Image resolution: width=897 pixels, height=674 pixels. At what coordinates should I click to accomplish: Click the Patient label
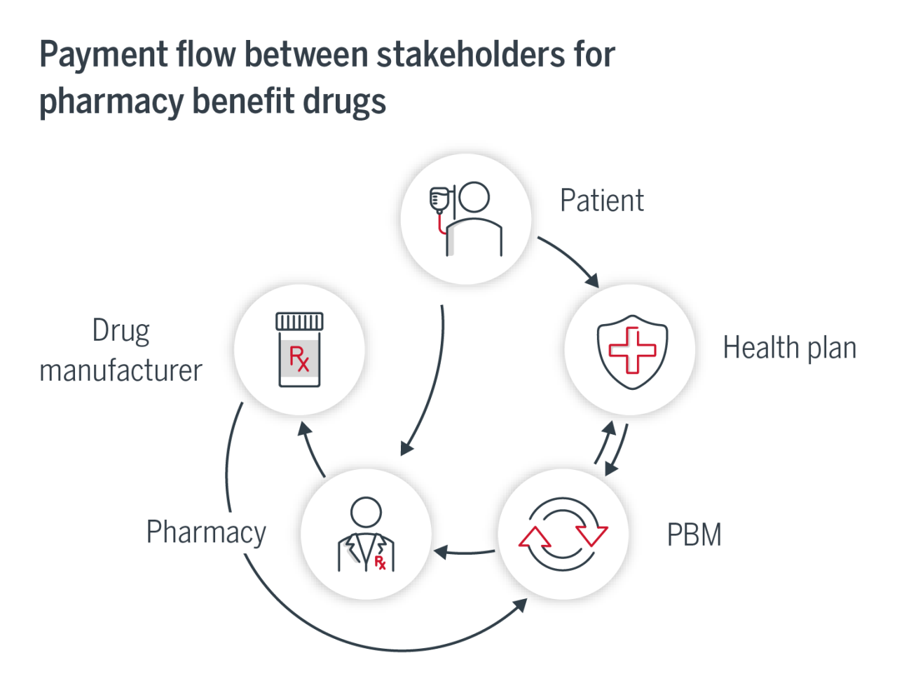coord(601,201)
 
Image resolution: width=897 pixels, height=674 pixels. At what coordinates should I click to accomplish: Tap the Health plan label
coord(789,349)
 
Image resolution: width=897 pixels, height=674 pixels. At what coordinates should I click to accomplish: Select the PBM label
coord(694,535)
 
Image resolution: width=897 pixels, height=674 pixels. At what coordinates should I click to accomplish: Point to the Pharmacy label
coord(206,532)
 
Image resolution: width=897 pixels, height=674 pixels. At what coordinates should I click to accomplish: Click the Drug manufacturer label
coord(121,351)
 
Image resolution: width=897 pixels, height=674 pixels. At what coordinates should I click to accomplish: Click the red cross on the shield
coord(632,350)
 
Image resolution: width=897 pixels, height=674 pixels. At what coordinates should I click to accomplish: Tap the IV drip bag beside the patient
coord(439,200)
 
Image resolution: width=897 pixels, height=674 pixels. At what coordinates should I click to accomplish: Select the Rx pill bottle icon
coord(299,350)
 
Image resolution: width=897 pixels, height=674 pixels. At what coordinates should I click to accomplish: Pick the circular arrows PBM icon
coord(563,535)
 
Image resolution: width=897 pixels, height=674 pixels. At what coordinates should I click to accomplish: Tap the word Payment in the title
coord(104,55)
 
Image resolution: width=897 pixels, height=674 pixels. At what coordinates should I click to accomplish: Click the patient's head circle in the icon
coord(474,197)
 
